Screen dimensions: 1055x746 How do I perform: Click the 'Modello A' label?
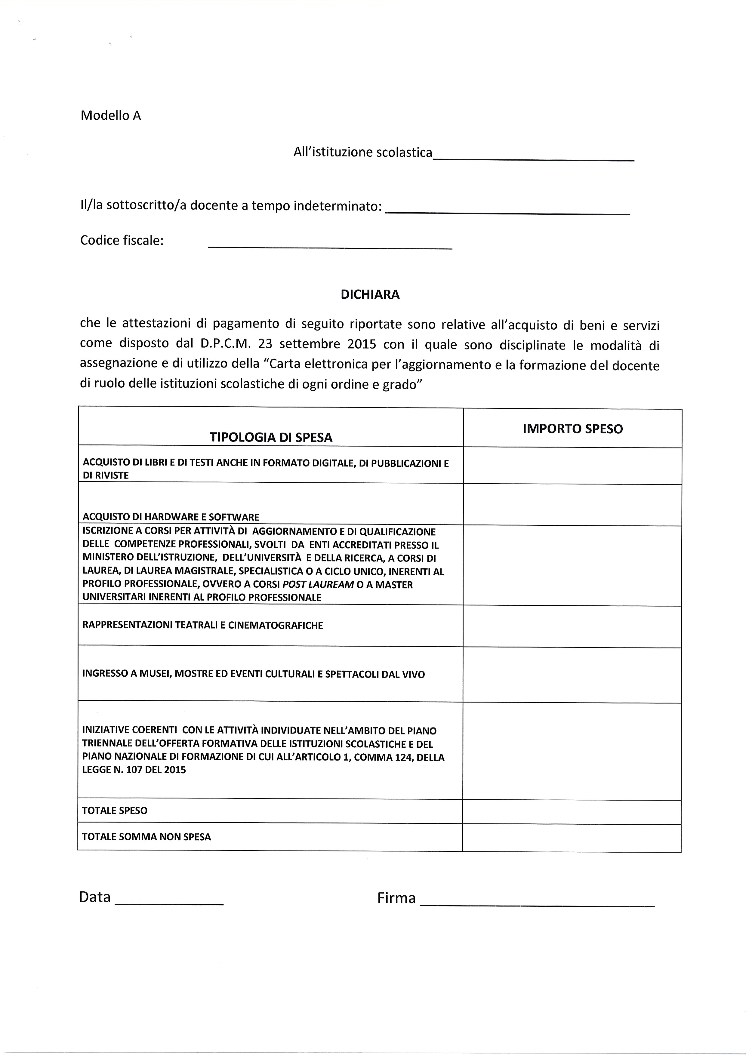click(x=111, y=116)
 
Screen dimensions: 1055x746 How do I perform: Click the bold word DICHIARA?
click(x=370, y=295)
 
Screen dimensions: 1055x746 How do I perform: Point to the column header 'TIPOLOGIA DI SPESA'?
click(x=271, y=437)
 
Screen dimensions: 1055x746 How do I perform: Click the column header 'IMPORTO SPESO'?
click(x=573, y=429)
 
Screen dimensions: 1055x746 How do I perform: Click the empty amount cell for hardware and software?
click(x=572, y=505)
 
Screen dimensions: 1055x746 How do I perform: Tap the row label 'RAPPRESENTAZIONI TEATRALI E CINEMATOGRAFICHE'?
click(x=203, y=625)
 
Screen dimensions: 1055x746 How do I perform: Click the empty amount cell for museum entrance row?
click(x=572, y=675)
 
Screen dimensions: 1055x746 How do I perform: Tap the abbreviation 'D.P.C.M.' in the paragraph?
click(x=225, y=344)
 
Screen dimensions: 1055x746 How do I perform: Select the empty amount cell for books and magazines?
click(x=572, y=466)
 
